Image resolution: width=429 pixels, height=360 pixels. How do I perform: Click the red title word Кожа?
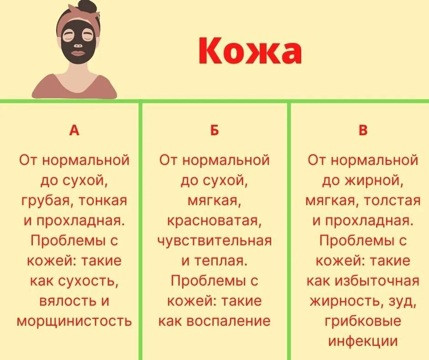(250, 52)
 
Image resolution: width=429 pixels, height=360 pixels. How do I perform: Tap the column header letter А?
(74, 131)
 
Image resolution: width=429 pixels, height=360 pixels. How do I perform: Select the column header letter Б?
(214, 131)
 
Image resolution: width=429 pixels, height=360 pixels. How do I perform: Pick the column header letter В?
(363, 131)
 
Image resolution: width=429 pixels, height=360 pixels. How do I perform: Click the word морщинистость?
(74, 321)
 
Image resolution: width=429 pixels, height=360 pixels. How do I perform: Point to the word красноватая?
(214, 221)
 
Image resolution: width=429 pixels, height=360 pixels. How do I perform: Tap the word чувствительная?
(214, 241)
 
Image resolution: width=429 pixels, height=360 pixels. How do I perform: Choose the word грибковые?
(363, 321)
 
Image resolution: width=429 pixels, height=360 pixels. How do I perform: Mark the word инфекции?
(363, 341)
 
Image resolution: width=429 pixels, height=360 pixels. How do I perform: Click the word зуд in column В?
(403, 301)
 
